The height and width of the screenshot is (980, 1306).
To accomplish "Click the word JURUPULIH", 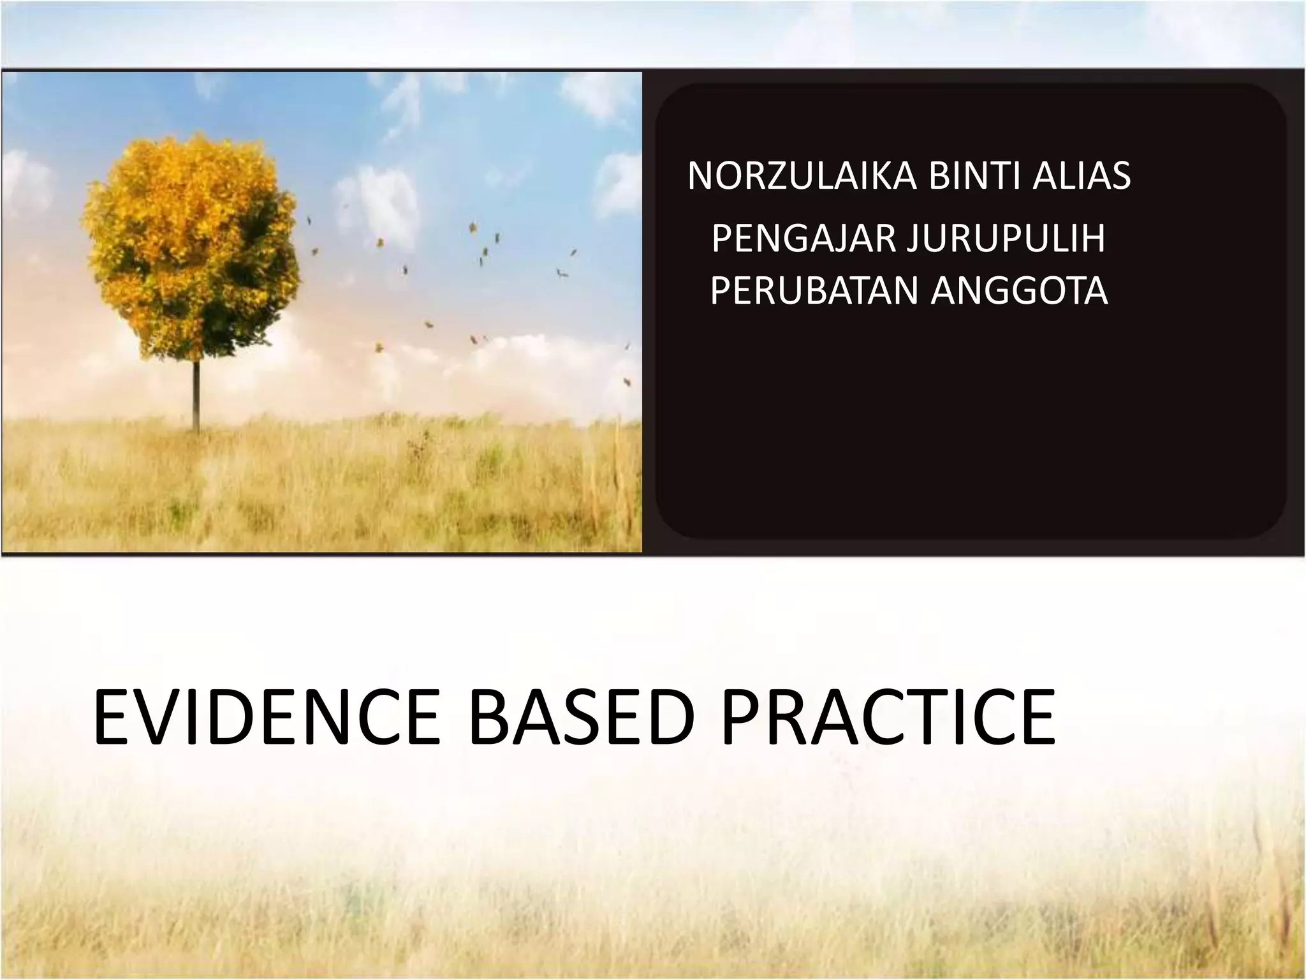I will point(1006,239).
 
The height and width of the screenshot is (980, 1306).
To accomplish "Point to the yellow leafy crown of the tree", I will point(191,249).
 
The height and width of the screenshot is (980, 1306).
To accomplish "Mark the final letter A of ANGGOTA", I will point(1096,291).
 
